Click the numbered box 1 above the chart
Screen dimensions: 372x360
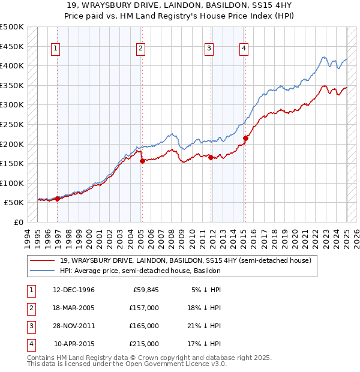[55, 49]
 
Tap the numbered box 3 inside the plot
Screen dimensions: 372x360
[209, 49]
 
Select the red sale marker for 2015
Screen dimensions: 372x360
[245, 138]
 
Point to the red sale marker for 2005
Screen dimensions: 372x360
[142, 161]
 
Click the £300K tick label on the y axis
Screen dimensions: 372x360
[12, 105]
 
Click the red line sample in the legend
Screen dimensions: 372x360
[43, 261]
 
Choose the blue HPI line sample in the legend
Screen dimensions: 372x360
[43, 271]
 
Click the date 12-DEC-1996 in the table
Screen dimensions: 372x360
[74, 290]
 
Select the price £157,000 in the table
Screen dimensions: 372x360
[144, 308]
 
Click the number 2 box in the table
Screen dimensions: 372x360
[31, 308]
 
